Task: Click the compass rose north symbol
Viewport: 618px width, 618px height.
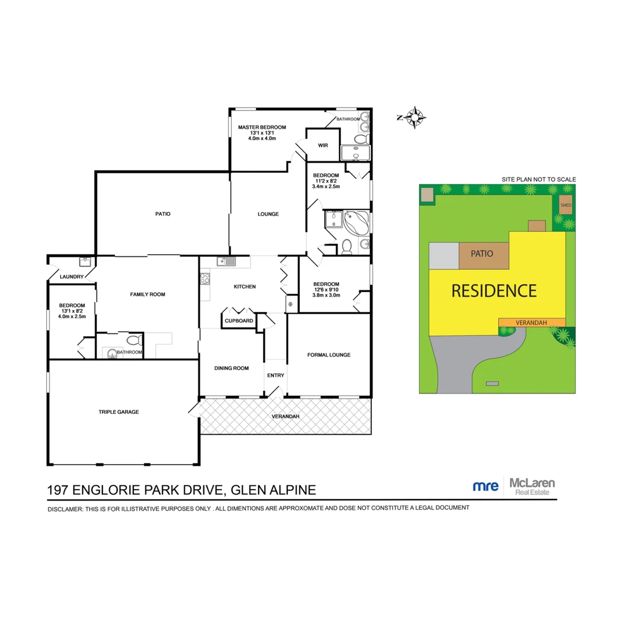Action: pyautogui.click(x=414, y=118)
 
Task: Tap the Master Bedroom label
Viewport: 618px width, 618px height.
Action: pyautogui.click(x=262, y=127)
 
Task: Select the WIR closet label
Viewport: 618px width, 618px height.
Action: pyautogui.click(x=323, y=145)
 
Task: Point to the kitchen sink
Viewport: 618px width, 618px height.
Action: pyautogui.click(x=227, y=262)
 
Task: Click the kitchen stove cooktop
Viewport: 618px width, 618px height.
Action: pyautogui.click(x=204, y=279)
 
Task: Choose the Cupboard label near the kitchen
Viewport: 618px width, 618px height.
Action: pyautogui.click(x=239, y=321)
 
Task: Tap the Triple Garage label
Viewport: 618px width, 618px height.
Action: pyautogui.click(x=118, y=411)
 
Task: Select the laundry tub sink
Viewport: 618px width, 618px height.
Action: pyautogui.click(x=86, y=262)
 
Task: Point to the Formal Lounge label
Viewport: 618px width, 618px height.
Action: pyautogui.click(x=328, y=355)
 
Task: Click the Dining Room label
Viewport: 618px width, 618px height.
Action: pyautogui.click(x=231, y=368)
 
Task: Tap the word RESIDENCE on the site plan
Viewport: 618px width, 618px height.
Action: pyautogui.click(x=494, y=291)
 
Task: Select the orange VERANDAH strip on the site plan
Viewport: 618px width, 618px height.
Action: pyautogui.click(x=532, y=323)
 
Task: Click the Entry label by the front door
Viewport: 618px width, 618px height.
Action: pyautogui.click(x=275, y=375)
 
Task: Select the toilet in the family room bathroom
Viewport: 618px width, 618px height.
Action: pyautogui.click(x=133, y=340)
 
